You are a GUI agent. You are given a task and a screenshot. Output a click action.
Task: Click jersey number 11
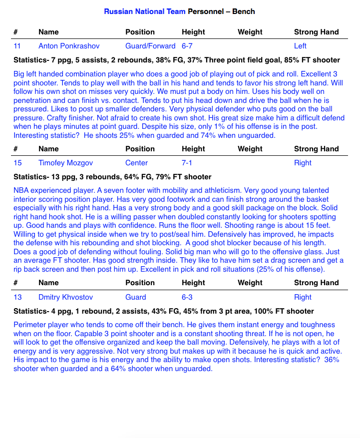17,46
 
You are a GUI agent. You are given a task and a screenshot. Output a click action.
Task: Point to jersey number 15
17,163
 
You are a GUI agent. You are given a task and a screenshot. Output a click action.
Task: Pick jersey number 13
17,297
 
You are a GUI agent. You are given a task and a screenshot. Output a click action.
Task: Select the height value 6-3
187,297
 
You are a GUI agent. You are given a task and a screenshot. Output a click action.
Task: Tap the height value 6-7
187,46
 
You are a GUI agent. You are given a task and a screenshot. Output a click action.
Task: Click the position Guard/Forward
150,46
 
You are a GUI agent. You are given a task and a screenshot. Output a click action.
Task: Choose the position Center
136,163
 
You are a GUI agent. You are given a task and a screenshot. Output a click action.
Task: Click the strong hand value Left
300,46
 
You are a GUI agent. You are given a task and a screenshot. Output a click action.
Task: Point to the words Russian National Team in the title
144,11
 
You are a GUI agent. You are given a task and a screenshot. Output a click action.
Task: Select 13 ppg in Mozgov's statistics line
66,177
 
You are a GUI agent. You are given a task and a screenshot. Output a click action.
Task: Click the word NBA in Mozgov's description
21,191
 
